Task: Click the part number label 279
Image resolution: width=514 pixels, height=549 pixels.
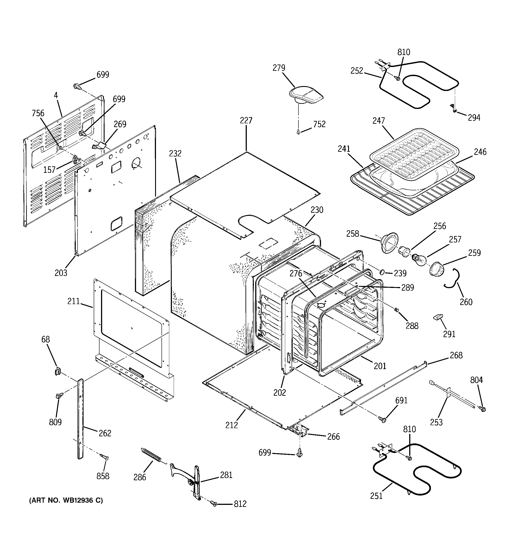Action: coord(279,68)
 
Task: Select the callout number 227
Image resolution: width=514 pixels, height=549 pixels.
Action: coord(246,120)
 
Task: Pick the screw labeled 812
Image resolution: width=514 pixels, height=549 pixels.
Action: coord(214,504)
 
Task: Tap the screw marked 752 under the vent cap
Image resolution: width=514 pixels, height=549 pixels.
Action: coord(298,133)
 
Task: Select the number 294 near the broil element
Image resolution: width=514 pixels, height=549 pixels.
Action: coord(474,118)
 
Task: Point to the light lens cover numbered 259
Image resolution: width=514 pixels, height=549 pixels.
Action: coord(437,268)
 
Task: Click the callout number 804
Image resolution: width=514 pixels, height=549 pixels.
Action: coord(477,380)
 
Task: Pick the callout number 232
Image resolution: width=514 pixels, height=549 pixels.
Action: coord(175,153)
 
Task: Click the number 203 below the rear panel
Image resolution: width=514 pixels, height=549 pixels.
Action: coord(61,273)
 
